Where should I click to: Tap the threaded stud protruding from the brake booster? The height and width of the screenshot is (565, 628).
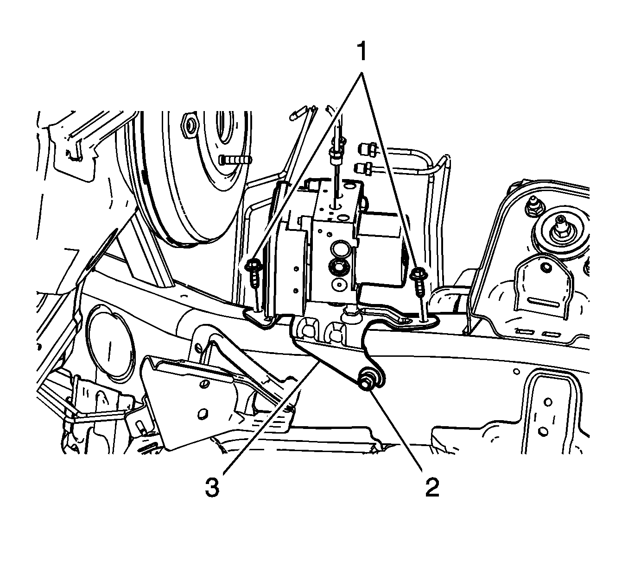[235, 161]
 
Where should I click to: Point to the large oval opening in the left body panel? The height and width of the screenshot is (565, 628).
[109, 343]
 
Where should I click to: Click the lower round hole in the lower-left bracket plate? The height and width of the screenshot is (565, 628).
[203, 414]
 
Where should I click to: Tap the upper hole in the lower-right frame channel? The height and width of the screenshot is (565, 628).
[548, 402]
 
